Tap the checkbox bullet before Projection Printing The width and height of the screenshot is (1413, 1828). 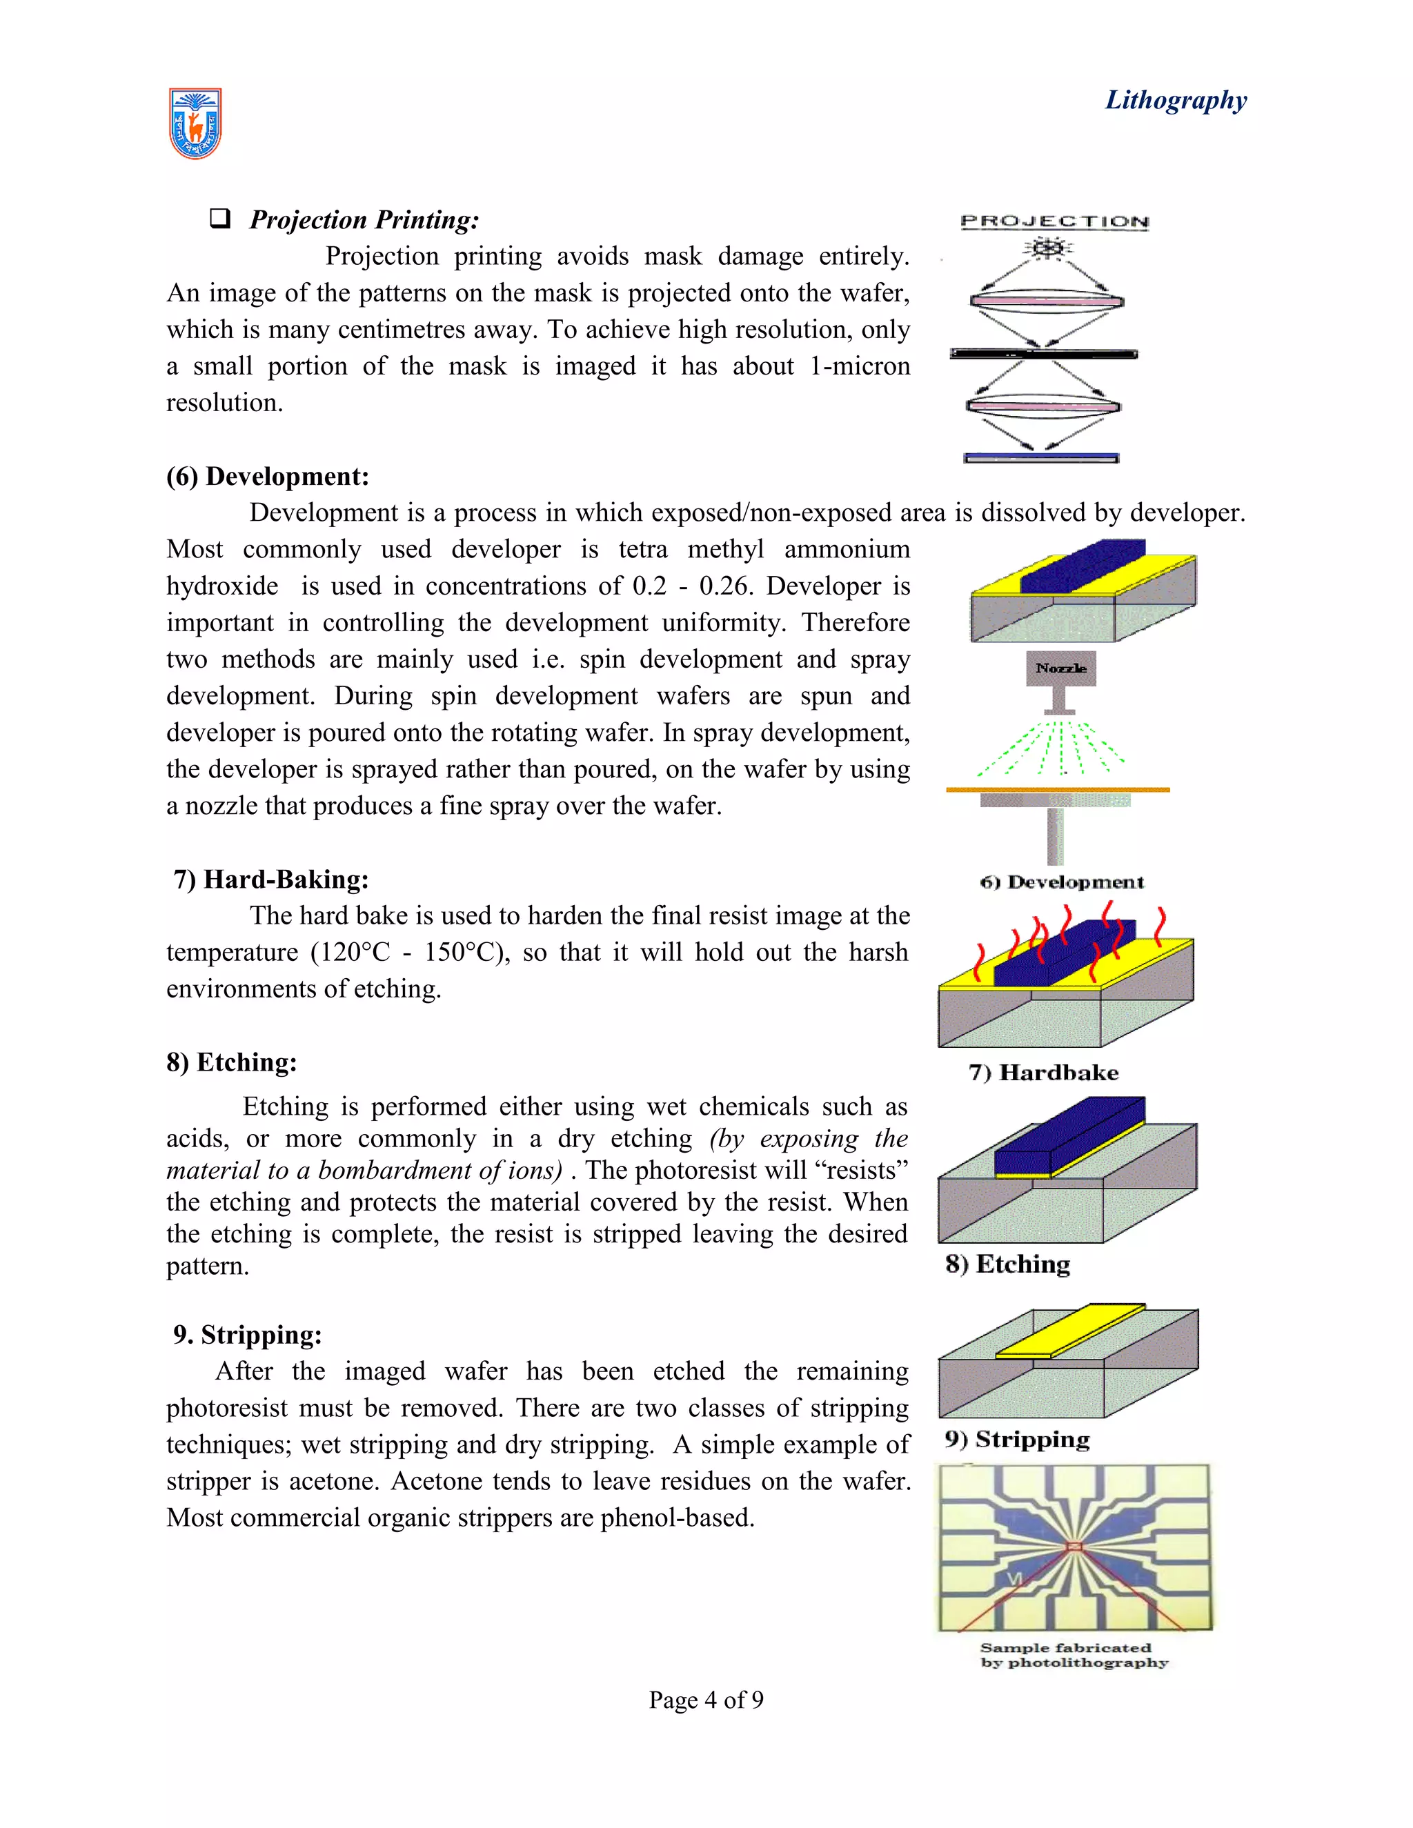(219, 219)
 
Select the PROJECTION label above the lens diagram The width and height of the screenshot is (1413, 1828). (1055, 222)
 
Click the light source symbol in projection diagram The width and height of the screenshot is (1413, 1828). (1048, 248)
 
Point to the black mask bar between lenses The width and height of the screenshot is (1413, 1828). (1044, 354)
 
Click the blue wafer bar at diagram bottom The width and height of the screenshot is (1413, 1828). (1041, 458)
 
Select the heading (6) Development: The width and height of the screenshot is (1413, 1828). (267, 476)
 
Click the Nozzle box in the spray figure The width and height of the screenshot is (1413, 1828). (1060, 668)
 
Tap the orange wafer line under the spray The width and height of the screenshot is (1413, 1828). (1057, 789)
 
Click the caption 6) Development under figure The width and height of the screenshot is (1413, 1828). (1061, 882)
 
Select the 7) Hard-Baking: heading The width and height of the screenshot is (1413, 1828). (270, 879)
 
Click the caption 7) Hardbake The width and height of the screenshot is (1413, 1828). (1043, 1073)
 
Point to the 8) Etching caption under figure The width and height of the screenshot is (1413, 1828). (1008, 1264)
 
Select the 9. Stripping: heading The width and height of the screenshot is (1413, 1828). (247, 1334)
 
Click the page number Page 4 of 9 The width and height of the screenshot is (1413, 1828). (706, 1700)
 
